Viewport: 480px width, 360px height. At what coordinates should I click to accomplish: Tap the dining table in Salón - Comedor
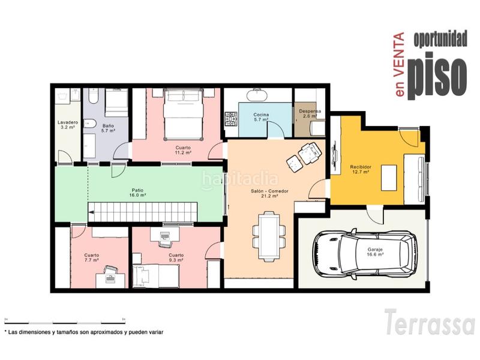[x=269, y=236]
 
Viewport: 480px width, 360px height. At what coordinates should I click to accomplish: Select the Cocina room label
[x=261, y=115]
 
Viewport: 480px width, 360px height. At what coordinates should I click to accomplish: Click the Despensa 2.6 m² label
[x=310, y=113]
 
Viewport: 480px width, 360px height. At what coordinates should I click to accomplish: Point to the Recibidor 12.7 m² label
[x=361, y=169]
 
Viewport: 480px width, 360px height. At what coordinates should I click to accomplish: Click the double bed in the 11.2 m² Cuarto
[x=184, y=114]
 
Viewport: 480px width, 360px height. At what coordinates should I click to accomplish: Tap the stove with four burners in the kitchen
[x=232, y=119]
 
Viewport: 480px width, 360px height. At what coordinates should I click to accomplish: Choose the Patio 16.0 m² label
[x=137, y=193]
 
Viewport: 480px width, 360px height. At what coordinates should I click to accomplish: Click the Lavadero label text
[x=68, y=122]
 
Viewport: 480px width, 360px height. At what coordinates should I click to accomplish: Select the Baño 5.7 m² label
[x=109, y=128]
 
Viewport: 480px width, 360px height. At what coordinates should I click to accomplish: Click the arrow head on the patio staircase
[x=91, y=212]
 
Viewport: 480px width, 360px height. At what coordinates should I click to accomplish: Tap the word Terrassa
[x=430, y=322]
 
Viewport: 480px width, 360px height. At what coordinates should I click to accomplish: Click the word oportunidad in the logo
[x=440, y=39]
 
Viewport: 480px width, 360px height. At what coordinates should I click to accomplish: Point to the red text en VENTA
[x=400, y=65]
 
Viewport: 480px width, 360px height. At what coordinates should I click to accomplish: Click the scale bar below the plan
[x=65, y=323]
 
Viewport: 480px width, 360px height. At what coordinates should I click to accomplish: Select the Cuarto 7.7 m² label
[x=92, y=257]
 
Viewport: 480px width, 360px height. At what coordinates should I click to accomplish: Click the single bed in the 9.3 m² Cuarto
[x=156, y=276]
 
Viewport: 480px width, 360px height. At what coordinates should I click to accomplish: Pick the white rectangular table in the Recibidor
[x=389, y=178]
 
